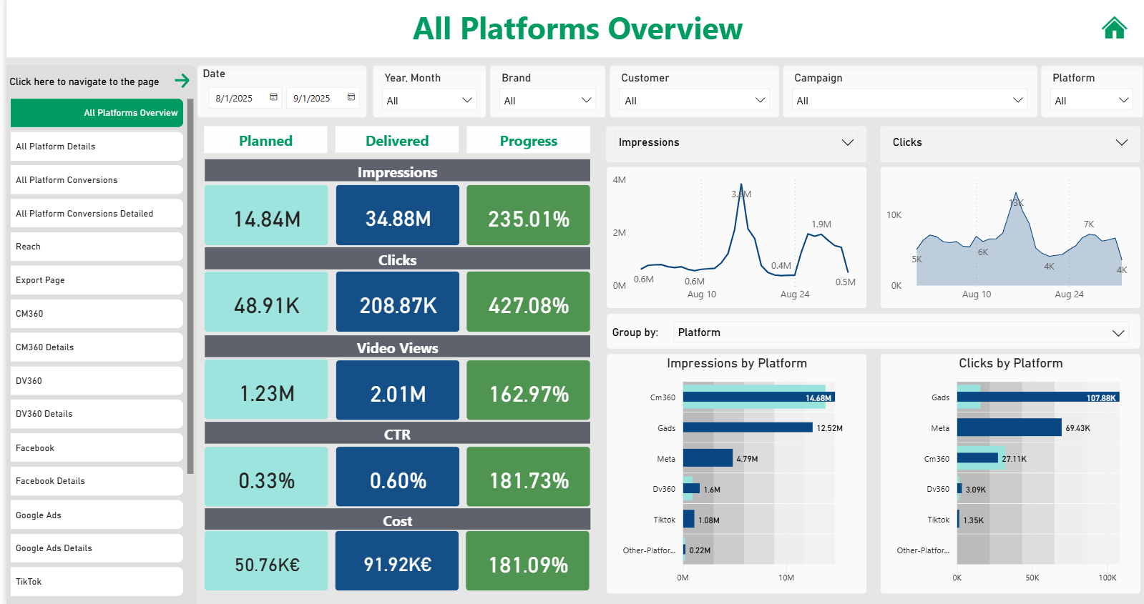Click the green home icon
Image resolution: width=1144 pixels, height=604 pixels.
coord(1114,29)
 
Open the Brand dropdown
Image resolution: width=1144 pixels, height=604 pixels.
coord(547,100)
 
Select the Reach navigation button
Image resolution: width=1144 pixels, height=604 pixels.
coord(97,247)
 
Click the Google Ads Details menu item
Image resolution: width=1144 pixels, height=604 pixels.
coord(97,548)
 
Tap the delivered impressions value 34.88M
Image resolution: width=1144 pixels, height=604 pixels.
coord(398,218)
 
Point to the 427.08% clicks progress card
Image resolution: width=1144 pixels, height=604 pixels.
coord(528,305)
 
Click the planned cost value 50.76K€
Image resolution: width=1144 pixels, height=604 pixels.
coord(266,565)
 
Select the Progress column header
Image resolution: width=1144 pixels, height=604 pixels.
coord(528,141)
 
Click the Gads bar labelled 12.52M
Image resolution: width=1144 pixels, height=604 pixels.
coord(748,427)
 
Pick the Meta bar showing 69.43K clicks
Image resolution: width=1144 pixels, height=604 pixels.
coord(1009,427)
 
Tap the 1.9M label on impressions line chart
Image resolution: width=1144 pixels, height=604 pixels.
coord(821,224)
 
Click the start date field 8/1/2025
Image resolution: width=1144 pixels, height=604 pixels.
coord(235,98)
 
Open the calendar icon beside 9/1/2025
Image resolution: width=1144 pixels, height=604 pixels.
coord(351,97)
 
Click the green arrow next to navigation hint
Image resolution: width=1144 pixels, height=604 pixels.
coord(182,81)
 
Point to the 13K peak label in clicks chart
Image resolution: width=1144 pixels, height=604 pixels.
coord(1016,203)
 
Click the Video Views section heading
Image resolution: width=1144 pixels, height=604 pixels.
coord(397,348)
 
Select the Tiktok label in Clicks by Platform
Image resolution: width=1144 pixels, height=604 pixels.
coord(938,520)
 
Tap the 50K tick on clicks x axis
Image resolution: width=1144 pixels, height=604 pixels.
coord(1032,578)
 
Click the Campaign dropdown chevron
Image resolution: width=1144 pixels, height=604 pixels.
coord(1017,100)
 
